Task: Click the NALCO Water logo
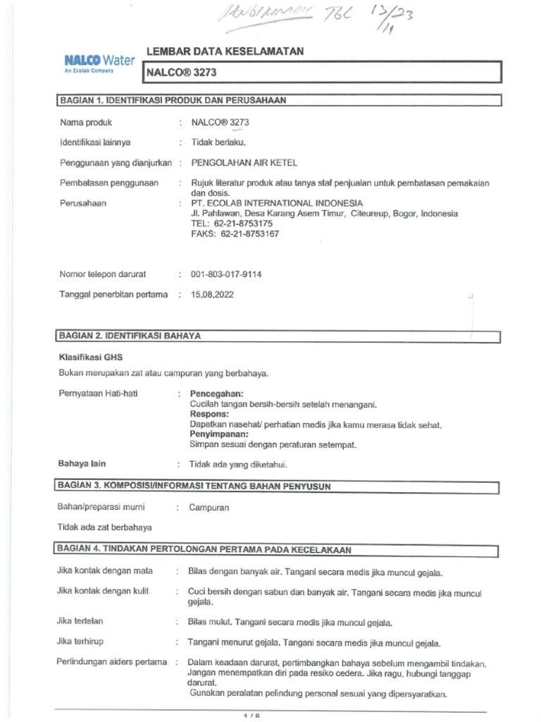tap(94, 64)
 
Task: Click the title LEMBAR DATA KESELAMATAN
tap(225, 51)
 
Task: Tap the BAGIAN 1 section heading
tap(173, 100)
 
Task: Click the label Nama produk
tap(86, 122)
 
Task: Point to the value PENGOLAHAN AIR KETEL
tap(244, 162)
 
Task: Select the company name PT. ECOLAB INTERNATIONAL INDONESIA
tap(277, 203)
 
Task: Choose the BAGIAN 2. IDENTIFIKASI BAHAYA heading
tap(130, 336)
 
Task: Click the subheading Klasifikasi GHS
tap(90, 357)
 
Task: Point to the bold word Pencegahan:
tap(217, 393)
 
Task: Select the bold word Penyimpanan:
tap(220, 435)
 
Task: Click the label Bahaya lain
tap(82, 464)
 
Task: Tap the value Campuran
tap(209, 508)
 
